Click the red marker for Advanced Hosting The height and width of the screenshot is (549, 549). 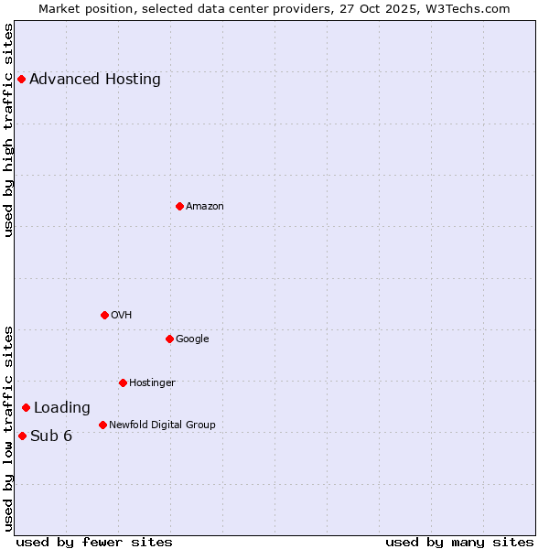click(21, 80)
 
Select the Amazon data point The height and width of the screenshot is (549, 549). click(179, 206)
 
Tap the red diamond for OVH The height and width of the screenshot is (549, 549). click(104, 315)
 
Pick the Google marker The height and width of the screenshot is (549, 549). click(169, 339)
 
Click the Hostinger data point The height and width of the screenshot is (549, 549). click(123, 382)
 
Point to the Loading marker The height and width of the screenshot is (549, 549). click(26, 407)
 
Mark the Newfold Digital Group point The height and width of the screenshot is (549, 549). click(102, 425)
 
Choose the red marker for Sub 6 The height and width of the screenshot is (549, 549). click(22, 436)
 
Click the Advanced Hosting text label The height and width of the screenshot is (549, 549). click(95, 80)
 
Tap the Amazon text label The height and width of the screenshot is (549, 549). click(205, 207)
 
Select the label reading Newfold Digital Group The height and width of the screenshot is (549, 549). click(162, 425)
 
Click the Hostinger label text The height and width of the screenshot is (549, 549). click(152, 382)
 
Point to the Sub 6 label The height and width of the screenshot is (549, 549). click(51, 436)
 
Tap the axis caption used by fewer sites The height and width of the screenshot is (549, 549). click(94, 542)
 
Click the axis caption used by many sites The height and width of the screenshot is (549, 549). click(459, 542)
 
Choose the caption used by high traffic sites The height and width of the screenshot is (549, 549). click(9, 130)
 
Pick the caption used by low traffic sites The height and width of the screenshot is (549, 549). click(9, 427)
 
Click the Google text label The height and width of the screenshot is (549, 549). click(192, 339)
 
